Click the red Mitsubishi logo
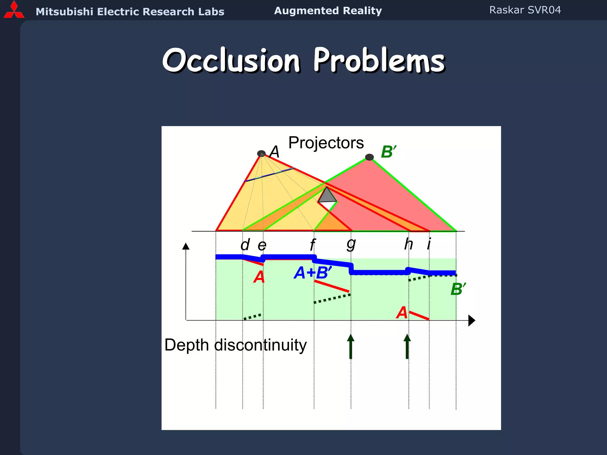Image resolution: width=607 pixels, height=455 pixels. (x=14, y=10)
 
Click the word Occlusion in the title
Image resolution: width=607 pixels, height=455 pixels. (x=231, y=60)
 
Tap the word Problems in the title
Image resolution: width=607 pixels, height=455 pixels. (x=379, y=60)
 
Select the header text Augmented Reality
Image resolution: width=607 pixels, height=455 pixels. (x=328, y=11)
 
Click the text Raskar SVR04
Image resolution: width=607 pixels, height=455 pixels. (x=525, y=10)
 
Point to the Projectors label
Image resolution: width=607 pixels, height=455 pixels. (x=326, y=143)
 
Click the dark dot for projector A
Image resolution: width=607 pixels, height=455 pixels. (x=261, y=153)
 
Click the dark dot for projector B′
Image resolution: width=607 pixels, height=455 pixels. (x=369, y=157)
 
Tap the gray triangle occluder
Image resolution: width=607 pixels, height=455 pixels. (x=327, y=196)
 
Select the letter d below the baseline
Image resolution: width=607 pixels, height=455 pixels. (x=245, y=245)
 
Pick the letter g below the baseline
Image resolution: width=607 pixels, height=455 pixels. (x=351, y=244)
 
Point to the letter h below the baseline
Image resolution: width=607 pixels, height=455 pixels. (x=408, y=244)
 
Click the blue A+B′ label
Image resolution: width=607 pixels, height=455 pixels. (x=313, y=273)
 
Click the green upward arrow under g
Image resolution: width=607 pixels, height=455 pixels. (x=351, y=347)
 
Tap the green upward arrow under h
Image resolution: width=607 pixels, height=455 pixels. (x=407, y=347)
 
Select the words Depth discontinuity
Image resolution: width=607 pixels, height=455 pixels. (x=235, y=345)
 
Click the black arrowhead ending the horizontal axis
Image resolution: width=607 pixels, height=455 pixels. (x=472, y=321)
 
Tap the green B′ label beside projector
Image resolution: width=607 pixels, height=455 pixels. (x=388, y=152)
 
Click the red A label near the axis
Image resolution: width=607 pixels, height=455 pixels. (x=402, y=313)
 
